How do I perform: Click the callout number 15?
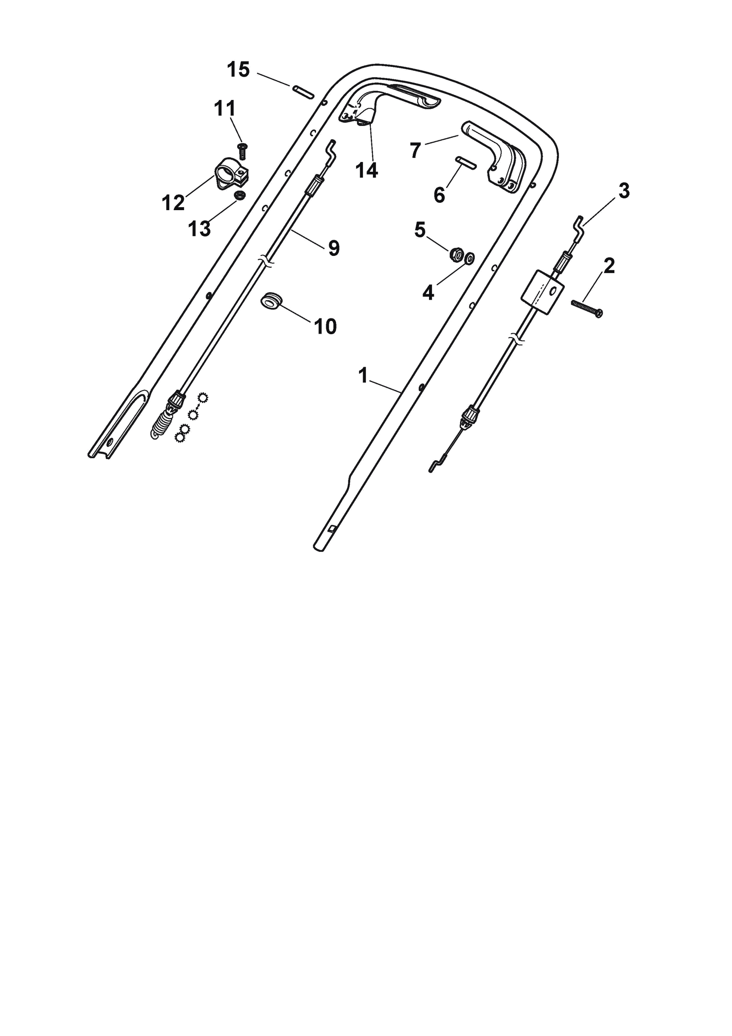238,70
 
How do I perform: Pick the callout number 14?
366,170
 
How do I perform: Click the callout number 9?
334,248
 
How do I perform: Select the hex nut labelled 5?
456,254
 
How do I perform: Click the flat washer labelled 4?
470,257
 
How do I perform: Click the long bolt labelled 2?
587,308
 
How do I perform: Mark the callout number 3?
623,191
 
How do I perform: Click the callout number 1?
363,376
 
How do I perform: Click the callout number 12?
173,202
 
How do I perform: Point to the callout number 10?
325,326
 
